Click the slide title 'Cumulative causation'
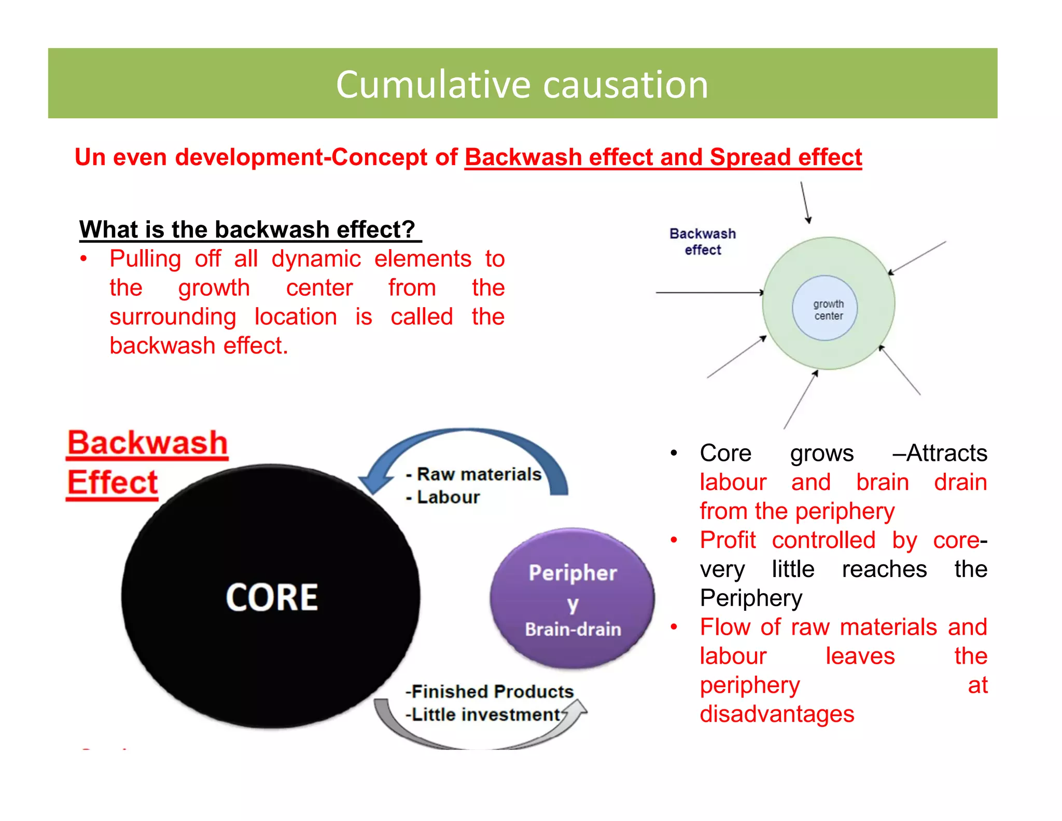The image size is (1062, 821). tap(522, 85)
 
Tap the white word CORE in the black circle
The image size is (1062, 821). tap(272, 597)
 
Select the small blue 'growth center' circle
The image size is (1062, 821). tap(825, 308)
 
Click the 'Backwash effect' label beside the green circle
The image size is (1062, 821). tap(703, 242)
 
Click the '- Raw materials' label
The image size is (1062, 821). tap(474, 474)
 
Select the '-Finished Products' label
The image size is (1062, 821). tap(490, 692)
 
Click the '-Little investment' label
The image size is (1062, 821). tap(483, 715)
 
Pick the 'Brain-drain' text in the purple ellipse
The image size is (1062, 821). tap(573, 630)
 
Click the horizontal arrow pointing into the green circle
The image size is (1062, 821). tap(708, 293)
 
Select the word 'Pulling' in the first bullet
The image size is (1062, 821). tap(145, 259)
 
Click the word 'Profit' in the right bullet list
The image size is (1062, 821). tap(728, 540)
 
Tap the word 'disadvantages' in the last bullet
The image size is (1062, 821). tap(777, 714)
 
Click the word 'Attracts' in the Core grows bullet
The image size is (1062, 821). tap(946, 453)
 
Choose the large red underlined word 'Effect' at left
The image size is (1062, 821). tap(113, 483)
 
